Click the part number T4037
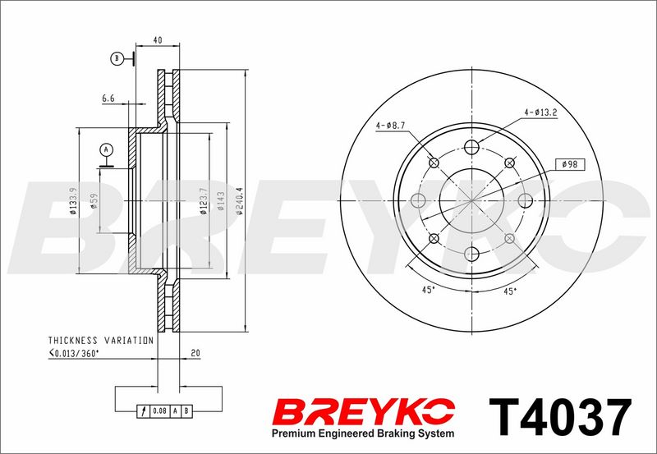(x=560, y=418)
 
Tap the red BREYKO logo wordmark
(x=364, y=411)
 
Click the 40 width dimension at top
(x=158, y=40)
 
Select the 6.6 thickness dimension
(x=108, y=99)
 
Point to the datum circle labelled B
(x=117, y=58)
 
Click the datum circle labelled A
(x=107, y=149)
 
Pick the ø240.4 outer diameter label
(x=240, y=200)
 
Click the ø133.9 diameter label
(x=73, y=200)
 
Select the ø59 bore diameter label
(x=94, y=200)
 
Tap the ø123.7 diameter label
(x=204, y=200)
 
